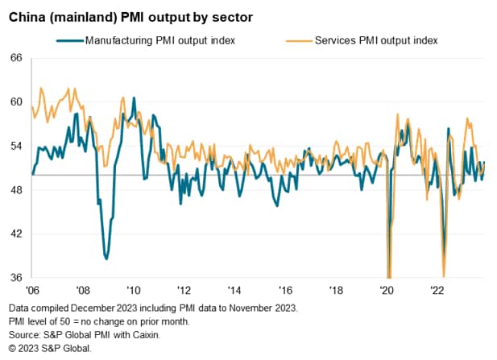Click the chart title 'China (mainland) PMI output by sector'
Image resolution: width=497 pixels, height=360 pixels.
click(x=131, y=17)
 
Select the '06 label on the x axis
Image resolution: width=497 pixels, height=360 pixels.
click(x=32, y=290)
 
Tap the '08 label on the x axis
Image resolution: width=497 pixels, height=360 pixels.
click(x=83, y=290)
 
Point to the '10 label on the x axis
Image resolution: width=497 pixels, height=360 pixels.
click(x=134, y=290)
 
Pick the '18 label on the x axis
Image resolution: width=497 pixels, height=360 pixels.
click(x=336, y=290)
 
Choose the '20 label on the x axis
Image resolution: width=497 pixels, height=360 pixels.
click(x=387, y=290)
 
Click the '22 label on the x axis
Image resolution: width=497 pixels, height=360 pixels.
click(x=437, y=290)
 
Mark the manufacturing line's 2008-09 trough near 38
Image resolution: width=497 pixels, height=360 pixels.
click(x=106, y=259)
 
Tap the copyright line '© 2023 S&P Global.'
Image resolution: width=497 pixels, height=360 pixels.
click(x=50, y=349)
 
